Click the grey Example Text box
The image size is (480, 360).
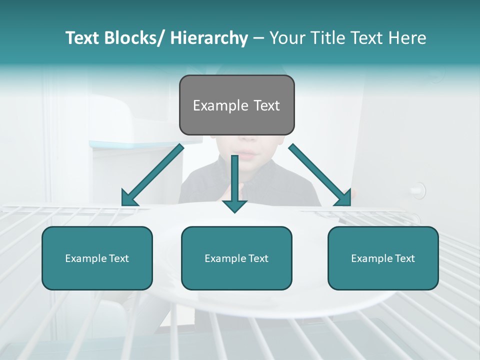coord(237,105)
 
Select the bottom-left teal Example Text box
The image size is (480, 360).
coord(97,258)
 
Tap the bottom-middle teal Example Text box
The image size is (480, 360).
coord(236,258)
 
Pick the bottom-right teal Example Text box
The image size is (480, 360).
coord(383,258)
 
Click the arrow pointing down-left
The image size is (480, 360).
coord(152,175)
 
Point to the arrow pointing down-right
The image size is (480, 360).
coord(320,175)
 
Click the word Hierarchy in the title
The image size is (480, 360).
coord(209,38)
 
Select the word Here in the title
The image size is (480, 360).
coord(407,38)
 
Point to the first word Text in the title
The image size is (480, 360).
coord(83,38)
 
